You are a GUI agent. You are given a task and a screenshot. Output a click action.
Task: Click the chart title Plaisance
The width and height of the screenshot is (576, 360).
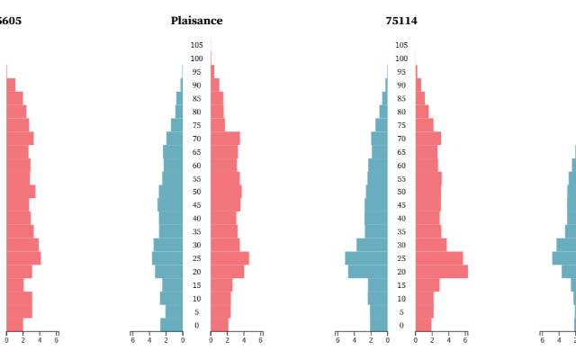(x=196, y=21)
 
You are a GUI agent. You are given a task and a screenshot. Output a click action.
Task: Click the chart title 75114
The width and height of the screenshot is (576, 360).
(x=401, y=21)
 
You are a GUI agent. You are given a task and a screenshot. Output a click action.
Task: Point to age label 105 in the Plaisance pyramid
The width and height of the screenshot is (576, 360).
(x=196, y=45)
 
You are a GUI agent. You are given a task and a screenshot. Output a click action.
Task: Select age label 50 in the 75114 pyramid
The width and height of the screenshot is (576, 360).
(x=401, y=192)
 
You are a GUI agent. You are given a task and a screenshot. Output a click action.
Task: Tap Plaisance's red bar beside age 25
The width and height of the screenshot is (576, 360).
(x=229, y=258)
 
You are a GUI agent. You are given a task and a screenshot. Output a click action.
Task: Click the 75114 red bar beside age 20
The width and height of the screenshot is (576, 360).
(x=441, y=271)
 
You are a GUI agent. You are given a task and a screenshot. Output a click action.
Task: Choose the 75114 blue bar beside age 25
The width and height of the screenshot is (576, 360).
(x=366, y=258)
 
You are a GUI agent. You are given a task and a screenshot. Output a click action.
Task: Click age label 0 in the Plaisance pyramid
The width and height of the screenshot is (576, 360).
(x=196, y=325)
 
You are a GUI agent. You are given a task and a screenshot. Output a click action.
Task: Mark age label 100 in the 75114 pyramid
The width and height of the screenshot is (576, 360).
(x=401, y=58)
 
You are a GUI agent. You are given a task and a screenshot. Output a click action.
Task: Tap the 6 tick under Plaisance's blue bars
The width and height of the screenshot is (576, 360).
(x=132, y=340)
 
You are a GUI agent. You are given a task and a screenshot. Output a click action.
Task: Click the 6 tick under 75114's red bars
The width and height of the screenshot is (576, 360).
(x=465, y=340)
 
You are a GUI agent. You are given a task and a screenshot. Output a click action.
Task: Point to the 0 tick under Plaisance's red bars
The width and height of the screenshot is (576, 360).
(x=211, y=340)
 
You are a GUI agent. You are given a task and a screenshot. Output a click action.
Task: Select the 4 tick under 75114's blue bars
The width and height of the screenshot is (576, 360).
(x=355, y=340)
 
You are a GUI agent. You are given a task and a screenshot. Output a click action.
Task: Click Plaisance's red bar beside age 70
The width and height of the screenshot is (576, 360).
(x=225, y=139)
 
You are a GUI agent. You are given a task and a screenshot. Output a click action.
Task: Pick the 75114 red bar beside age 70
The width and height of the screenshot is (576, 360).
(x=428, y=139)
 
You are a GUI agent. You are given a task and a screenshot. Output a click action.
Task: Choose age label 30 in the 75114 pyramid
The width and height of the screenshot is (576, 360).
(x=401, y=245)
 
